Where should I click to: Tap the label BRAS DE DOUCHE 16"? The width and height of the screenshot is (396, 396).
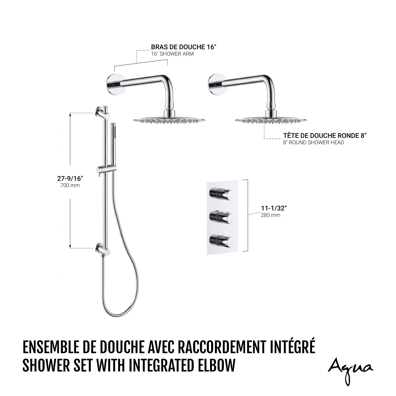click(184, 47)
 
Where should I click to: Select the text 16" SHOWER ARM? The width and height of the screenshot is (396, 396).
click(172, 54)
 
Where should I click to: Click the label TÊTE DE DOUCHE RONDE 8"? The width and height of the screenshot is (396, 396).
click(325, 136)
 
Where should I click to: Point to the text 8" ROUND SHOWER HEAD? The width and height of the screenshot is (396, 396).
click(314, 143)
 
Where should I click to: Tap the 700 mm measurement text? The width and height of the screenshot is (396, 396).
click(70, 185)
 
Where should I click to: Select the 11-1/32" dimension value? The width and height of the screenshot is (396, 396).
click(274, 208)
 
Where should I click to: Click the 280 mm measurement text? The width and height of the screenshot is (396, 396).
click(271, 215)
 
